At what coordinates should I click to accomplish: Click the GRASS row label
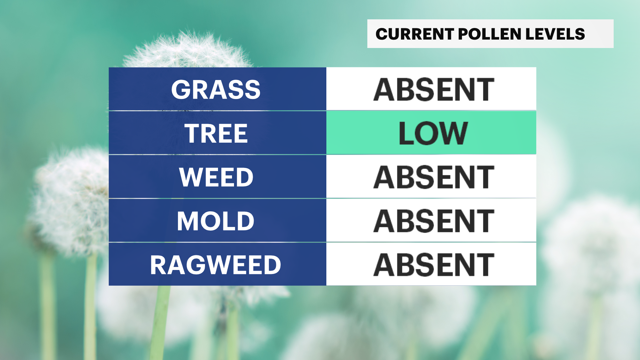tap(216, 90)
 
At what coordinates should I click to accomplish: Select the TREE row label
tap(216, 133)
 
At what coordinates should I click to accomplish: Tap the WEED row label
tap(216, 177)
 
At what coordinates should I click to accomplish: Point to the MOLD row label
tap(215, 221)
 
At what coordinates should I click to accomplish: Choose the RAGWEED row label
tap(215, 265)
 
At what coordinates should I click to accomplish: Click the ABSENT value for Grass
tap(434, 89)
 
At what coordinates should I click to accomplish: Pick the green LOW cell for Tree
tap(431, 133)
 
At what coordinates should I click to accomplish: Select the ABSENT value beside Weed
tap(434, 177)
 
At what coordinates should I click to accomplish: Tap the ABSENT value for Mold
tap(434, 221)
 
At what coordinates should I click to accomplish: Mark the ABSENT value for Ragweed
tap(434, 265)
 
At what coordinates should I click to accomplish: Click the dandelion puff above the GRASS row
tap(188, 50)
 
